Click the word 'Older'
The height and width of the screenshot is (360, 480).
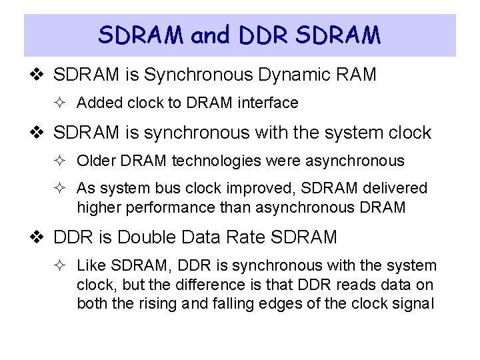point(96,161)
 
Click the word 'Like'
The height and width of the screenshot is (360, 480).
point(91,266)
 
